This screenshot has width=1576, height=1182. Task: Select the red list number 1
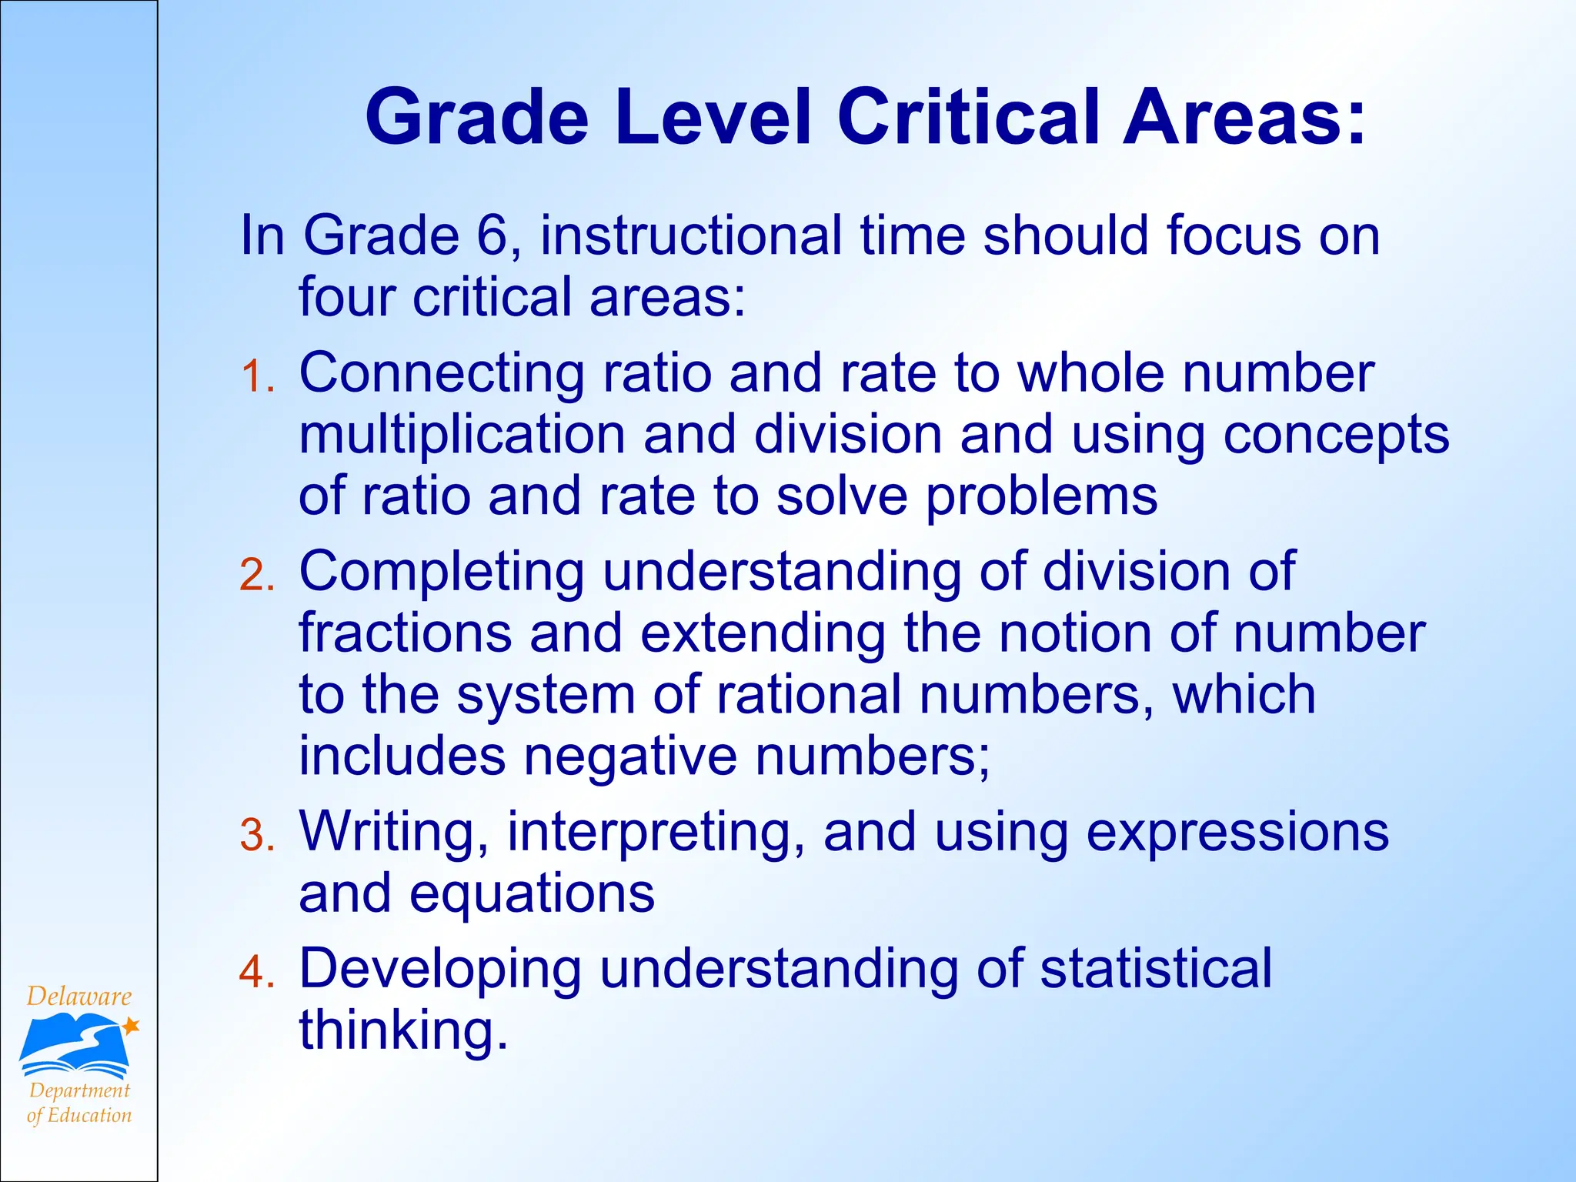tap(255, 377)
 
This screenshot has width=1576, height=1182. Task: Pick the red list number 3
tap(255, 836)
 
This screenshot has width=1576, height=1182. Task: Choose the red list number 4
tap(255, 972)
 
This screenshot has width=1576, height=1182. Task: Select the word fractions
tap(405, 633)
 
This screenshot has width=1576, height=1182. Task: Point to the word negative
tap(630, 756)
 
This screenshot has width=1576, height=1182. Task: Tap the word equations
tap(532, 894)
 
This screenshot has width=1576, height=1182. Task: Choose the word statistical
tap(1156, 969)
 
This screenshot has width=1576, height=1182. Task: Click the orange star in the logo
tap(131, 1025)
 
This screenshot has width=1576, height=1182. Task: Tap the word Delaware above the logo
tap(78, 997)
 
